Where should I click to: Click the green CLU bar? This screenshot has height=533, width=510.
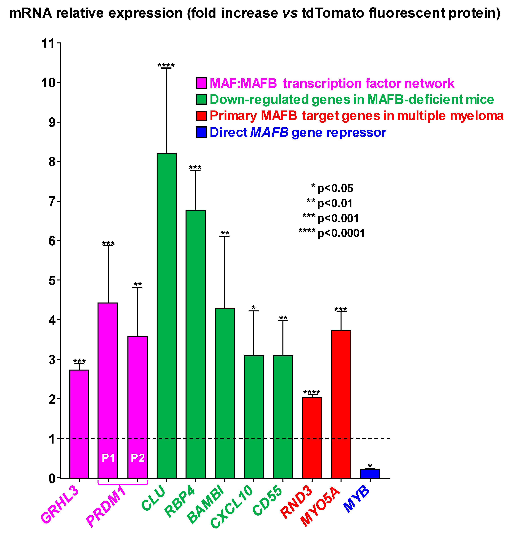167,315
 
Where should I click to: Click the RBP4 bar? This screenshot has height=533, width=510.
196,344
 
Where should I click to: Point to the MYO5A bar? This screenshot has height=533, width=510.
341,404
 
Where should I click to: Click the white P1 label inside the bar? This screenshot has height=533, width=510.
108,458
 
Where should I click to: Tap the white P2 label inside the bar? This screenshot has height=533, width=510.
138,458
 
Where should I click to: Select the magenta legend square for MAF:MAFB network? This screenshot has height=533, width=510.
201,83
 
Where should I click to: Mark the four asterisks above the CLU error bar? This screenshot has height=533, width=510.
166,65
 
